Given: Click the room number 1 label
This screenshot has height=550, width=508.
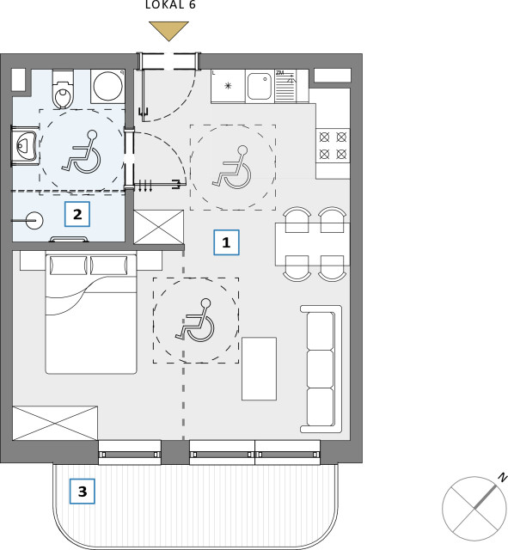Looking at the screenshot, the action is (226, 242).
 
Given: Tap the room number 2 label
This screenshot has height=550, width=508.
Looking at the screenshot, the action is (77, 214).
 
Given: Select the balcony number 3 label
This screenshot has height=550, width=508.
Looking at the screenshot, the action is (83, 491).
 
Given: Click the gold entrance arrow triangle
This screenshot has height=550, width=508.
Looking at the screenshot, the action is (168, 31).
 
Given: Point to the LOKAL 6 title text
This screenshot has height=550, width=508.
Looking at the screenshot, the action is (170, 4).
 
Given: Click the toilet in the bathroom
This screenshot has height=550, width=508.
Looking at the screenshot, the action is (63, 89).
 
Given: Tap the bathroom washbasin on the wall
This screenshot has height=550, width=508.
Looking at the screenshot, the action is (26, 145).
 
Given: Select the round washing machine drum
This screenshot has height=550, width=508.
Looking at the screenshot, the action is (107, 86).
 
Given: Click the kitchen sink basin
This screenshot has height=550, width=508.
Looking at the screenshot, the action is (260, 86).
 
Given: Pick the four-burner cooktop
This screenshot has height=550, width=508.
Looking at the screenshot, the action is (333, 145).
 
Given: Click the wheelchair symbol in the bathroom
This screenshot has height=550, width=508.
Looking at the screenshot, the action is (82, 151).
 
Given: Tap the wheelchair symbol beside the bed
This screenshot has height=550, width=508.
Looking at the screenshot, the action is (195, 320).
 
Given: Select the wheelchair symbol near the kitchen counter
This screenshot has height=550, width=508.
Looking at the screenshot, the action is (232, 167).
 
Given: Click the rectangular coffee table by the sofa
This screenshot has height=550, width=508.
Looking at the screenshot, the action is (259, 369).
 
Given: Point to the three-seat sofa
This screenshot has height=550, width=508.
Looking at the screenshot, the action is (321, 369).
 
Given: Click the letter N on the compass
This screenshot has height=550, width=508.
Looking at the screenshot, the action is (504, 478).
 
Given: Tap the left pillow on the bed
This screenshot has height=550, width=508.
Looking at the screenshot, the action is (69, 266).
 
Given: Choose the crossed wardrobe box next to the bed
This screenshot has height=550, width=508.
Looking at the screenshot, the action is (55, 423).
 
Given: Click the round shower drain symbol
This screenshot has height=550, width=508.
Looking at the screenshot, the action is (34, 221).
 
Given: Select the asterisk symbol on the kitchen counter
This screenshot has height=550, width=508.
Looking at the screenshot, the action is (228, 86).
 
